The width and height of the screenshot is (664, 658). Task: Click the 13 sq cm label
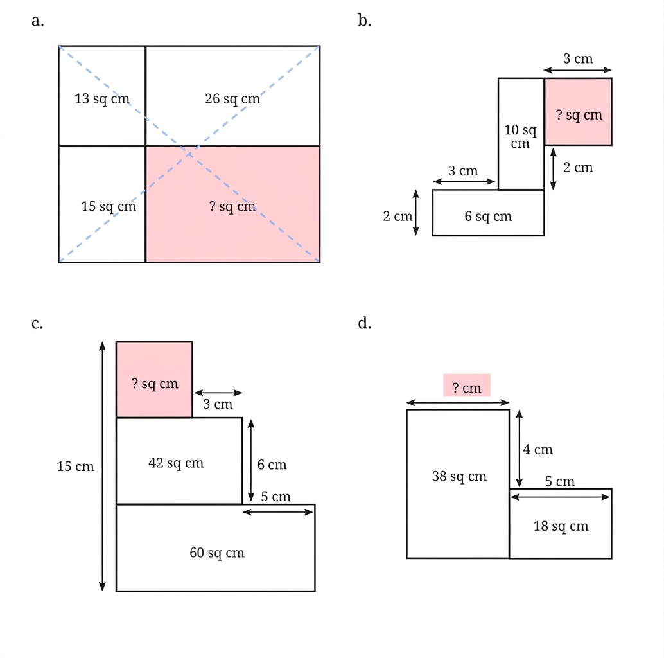(x=102, y=99)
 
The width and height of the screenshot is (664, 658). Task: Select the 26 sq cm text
(x=232, y=99)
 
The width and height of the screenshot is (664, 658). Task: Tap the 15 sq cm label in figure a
(x=109, y=206)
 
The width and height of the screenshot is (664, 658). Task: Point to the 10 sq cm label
(x=520, y=136)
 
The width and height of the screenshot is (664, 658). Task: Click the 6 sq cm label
(x=488, y=217)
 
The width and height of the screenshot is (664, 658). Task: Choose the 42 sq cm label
(x=176, y=463)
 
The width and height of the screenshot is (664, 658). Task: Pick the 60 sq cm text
(x=217, y=553)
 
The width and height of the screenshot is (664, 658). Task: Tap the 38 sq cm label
(x=459, y=476)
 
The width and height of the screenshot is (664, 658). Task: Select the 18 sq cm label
(x=561, y=526)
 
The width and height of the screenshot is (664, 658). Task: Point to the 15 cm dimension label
(x=75, y=467)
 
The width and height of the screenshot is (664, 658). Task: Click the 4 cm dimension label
(x=537, y=450)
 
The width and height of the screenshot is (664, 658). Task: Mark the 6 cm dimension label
(x=272, y=465)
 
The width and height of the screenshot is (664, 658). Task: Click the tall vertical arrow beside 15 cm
(x=102, y=466)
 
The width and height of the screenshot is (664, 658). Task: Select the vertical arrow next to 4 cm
(x=519, y=449)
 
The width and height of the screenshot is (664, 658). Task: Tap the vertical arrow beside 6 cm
(x=251, y=461)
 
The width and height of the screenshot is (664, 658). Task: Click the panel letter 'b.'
(x=365, y=21)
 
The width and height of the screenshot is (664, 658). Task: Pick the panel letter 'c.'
(x=37, y=324)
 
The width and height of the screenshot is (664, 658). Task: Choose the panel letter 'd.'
(x=365, y=323)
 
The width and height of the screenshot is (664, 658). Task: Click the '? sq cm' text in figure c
(x=155, y=384)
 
